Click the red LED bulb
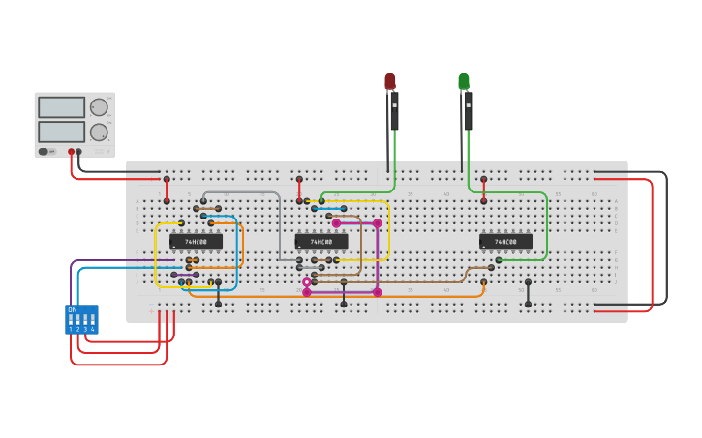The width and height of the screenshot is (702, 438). coord(390,81)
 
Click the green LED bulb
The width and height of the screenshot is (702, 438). coord(464,81)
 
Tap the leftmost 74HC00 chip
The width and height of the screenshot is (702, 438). coord(196,242)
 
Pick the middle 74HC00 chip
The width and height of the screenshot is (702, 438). coord(321,242)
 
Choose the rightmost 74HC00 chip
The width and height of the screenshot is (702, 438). coord(505,242)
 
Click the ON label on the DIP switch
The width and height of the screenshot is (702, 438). coord(73,310)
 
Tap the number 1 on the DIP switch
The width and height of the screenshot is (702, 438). coord(71,330)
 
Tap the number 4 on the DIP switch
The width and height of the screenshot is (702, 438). coord(93,330)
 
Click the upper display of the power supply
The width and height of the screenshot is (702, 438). coord(61,107)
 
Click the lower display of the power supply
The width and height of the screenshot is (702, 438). coord(61,131)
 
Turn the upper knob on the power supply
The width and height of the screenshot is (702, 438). coord(99,107)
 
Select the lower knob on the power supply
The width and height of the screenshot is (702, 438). coord(99,131)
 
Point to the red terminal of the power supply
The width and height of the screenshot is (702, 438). coord(71,152)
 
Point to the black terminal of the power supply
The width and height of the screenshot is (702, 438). coord(79,152)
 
